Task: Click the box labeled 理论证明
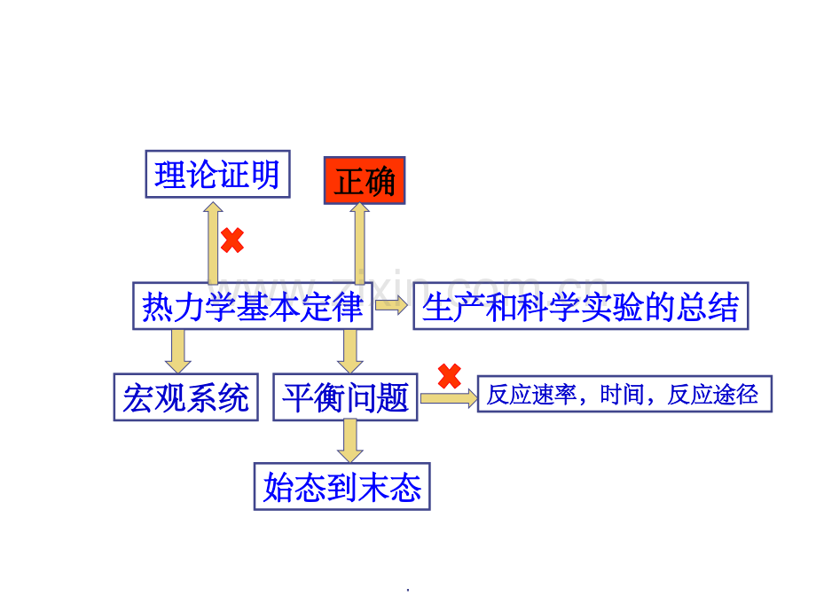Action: [x=217, y=175]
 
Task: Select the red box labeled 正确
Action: [x=365, y=181]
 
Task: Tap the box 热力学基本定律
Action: [x=253, y=306]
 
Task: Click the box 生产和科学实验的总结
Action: [x=581, y=306]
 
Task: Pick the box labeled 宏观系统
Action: [x=185, y=397]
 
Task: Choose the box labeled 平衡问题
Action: [x=346, y=397]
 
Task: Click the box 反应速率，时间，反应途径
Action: [x=624, y=394]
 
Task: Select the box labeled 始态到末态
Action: [x=341, y=487]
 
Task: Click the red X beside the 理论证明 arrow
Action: [x=232, y=240]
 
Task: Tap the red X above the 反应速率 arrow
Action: [x=450, y=376]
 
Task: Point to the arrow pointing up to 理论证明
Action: [x=213, y=242]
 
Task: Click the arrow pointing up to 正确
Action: [x=359, y=242]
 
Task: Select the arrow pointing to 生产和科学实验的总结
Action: [x=391, y=305]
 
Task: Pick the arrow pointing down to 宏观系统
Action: [x=178, y=351]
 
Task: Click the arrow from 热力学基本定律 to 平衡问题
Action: [x=350, y=351]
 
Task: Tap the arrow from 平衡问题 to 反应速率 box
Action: [x=449, y=398]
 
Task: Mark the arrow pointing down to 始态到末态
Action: [x=350, y=441]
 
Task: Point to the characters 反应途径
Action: [x=712, y=395]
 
